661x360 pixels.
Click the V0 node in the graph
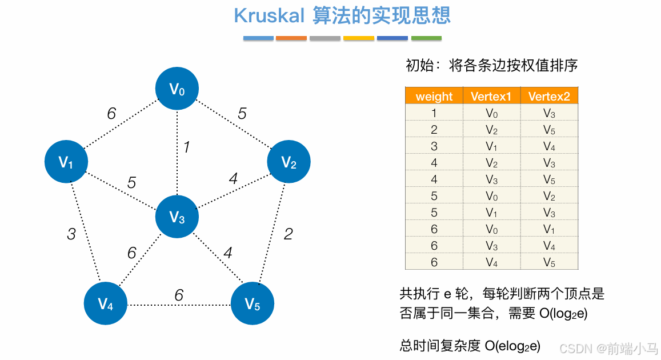[x=177, y=89]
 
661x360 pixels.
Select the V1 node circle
[x=66, y=162]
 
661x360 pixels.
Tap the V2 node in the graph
[x=289, y=162]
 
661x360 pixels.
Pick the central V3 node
[x=177, y=217]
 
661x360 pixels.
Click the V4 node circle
[x=106, y=303]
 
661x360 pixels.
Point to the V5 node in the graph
[x=253, y=303]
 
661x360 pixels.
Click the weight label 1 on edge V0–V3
[x=186, y=147]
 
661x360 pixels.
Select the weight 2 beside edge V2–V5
[x=289, y=233]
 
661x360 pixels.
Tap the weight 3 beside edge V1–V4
[x=71, y=234]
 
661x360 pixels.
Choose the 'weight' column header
[x=434, y=97]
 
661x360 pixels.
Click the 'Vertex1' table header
[x=491, y=97]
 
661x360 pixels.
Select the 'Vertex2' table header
[x=549, y=97]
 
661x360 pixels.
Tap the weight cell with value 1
[x=434, y=113]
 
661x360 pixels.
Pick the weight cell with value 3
[x=434, y=146]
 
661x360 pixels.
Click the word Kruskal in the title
[x=269, y=15]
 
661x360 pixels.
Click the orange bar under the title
[x=291, y=38]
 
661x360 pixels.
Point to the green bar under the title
[x=426, y=38]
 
